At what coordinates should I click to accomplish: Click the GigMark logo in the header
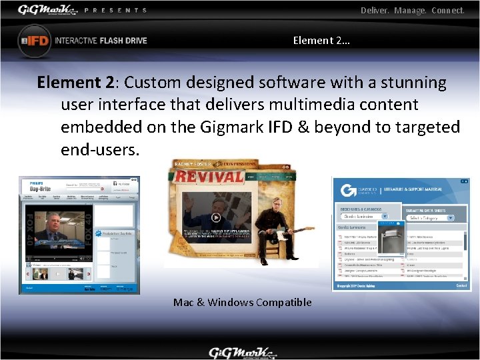[x=47, y=10]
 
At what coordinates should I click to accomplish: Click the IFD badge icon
[x=34, y=41]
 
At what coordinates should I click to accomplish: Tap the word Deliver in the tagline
[x=375, y=11]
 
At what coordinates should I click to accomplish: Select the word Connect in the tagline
[x=447, y=11]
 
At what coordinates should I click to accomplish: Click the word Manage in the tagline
[x=410, y=11]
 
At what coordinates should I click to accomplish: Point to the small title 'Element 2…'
[x=321, y=41]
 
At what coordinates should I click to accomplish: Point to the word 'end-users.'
[x=100, y=149]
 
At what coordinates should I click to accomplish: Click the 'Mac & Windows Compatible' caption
[x=242, y=303]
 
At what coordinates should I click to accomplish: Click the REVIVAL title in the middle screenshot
[x=208, y=177]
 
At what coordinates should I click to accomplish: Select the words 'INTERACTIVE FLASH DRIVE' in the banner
[x=101, y=41]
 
